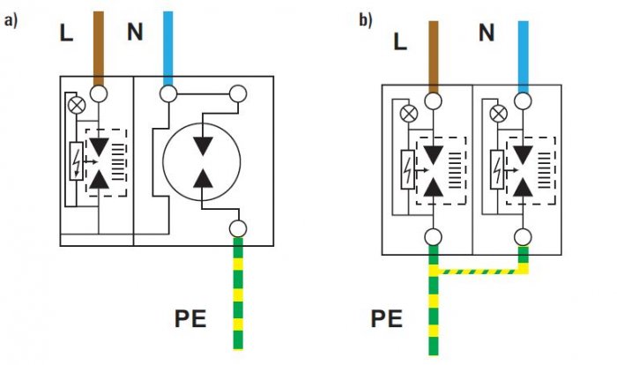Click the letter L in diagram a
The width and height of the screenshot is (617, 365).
pyautogui.click(x=66, y=33)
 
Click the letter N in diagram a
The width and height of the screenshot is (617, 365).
pyautogui.click(x=135, y=32)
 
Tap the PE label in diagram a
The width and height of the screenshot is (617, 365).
pyautogui.click(x=190, y=318)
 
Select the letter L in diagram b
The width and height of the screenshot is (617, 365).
pyautogui.click(x=400, y=41)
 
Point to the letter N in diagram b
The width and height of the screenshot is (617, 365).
pyautogui.click(x=487, y=33)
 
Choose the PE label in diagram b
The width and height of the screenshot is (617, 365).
pyautogui.click(x=386, y=318)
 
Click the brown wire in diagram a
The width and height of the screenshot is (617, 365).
pyautogui.click(x=99, y=48)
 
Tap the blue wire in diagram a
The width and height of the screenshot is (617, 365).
pyautogui.click(x=168, y=48)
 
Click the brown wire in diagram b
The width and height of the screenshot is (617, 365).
pyautogui.click(x=434, y=57)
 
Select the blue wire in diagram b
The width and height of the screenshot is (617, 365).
pyautogui.click(x=523, y=57)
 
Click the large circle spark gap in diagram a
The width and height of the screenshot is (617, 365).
pyautogui.click(x=202, y=123)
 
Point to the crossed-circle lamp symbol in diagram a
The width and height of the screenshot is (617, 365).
pyautogui.click(x=77, y=106)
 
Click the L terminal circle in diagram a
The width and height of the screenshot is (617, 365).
pyautogui.click(x=99, y=94)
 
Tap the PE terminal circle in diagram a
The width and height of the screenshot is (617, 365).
pyautogui.click(x=238, y=228)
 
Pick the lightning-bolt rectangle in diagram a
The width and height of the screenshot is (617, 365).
pyautogui.click(x=77, y=161)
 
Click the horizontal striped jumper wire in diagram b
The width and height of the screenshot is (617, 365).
pyautogui.click(x=478, y=272)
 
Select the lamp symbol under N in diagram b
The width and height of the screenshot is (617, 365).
pyautogui.click(x=499, y=115)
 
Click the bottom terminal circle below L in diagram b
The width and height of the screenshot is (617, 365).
pyautogui.click(x=434, y=237)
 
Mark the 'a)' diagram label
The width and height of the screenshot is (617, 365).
pyautogui.click(x=11, y=20)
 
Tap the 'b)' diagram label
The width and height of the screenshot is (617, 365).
pyautogui.click(x=366, y=20)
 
